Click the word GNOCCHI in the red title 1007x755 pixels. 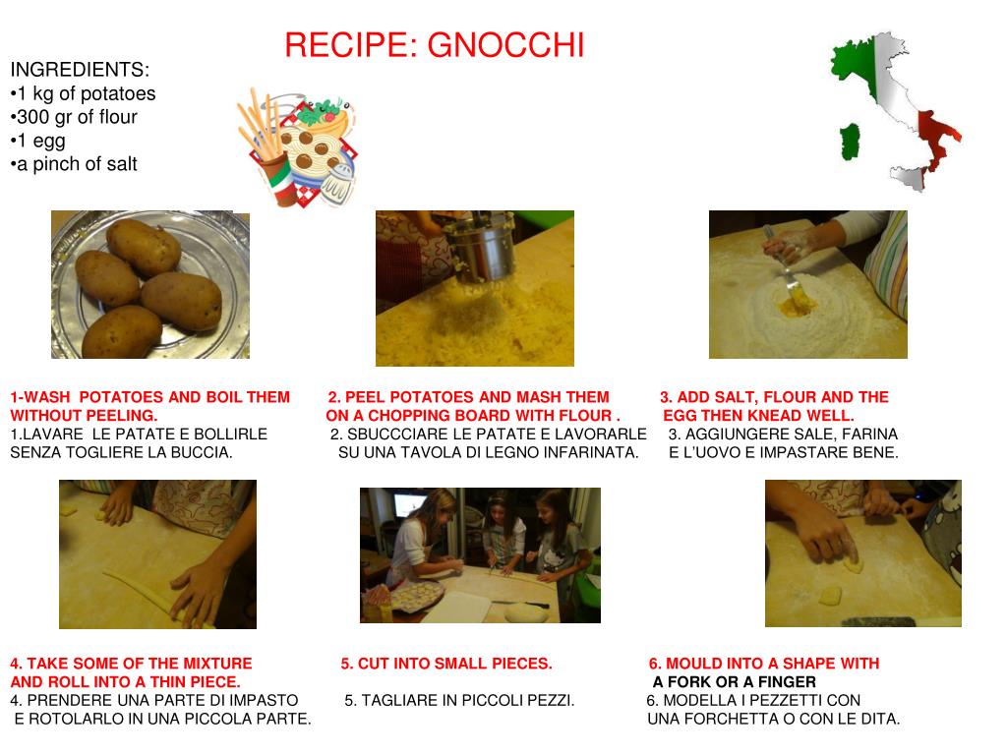click(505, 45)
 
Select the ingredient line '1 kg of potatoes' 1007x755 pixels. click(83, 93)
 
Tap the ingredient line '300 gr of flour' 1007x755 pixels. click(74, 117)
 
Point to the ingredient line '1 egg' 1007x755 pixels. click(38, 141)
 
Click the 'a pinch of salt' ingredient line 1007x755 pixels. click(74, 164)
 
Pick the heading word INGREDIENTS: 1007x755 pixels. click(80, 70)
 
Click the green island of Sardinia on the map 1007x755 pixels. click(850, 142)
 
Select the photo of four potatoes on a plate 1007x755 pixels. click(150, 284)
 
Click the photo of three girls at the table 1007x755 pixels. click(480, 555)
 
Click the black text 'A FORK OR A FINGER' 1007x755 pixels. click(734, 682)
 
